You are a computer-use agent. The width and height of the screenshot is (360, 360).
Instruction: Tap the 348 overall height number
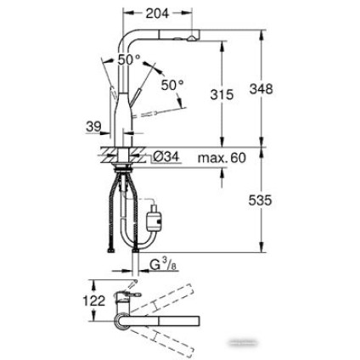pyautogui.click(x=261, y=88)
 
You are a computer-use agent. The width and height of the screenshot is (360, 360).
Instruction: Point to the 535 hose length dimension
pyautogui.click(x=260, y=201)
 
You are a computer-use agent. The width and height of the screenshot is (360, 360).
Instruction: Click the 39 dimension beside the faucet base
pyautogui.click(x=93, y=126)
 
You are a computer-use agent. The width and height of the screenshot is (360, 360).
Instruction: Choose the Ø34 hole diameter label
pyautogui.click(x=166, y=157)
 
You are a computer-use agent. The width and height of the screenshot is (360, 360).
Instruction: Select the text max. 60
pyautogui.click(x=222, y=157)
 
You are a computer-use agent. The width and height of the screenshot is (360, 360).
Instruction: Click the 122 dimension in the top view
pyautogui.click(x=95, y=301)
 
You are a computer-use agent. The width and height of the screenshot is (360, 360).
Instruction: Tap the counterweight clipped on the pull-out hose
pyautogui.click(x=155, y=220)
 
